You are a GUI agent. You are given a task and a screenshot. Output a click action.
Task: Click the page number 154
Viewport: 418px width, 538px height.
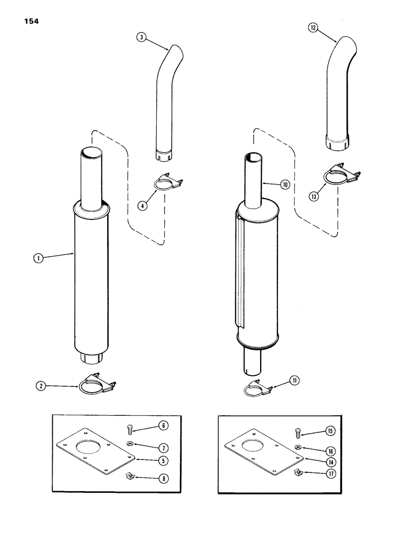(x=31, y=22)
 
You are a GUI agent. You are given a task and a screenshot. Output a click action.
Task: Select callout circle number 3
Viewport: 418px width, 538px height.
(x=141, y=38)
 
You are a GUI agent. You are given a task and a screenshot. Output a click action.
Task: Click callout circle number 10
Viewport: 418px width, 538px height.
(x=285, y=184)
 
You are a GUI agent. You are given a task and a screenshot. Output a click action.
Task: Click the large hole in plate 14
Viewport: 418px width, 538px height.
(x=257, y=443)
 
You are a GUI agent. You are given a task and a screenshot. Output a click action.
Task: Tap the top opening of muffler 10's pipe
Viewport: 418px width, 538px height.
(x=253, y=156)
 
